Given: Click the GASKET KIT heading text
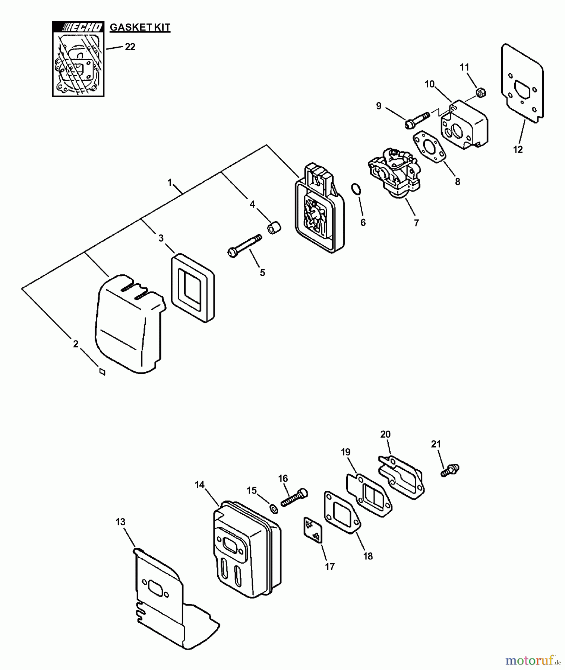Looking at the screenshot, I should [x=140, y=28].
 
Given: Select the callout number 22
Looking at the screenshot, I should [x=130, y=47].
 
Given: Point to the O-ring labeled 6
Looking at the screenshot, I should [x=356, y=189].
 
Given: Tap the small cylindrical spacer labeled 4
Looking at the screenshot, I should [x=275, y=228].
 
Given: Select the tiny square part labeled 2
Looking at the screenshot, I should [x=102, y=371].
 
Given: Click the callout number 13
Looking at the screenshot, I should [x=120, y=522].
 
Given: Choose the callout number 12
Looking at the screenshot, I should [x=518, y=150].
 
